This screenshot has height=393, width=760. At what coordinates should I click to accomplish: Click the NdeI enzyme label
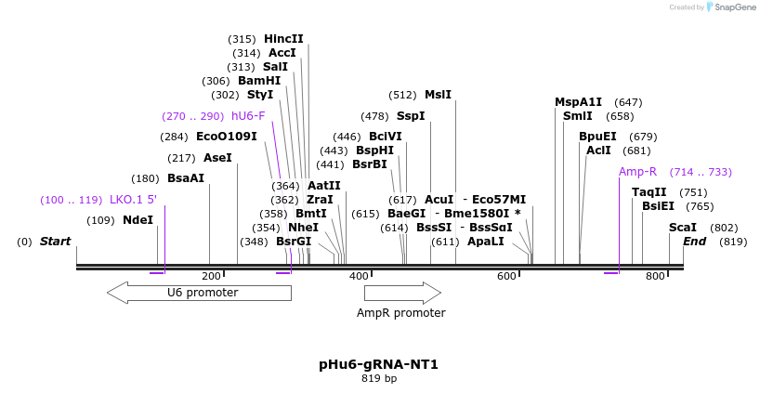[x=138, y=220]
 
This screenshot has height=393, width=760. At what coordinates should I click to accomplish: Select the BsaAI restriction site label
[x=186, y=178]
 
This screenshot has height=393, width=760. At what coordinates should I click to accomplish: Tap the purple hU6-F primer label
[x=248, y=116]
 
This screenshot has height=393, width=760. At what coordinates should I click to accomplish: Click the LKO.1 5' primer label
[x=133, y=200]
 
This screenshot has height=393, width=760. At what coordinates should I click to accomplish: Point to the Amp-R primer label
[x=638, y=172]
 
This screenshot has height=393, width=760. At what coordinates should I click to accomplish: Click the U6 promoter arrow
[x=199, y=293]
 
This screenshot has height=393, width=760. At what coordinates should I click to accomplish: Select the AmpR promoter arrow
[x=401, y=293]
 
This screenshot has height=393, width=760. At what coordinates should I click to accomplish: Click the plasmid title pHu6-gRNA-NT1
[x=378, y=363]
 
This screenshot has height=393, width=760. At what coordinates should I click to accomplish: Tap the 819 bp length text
[x=378, y=378]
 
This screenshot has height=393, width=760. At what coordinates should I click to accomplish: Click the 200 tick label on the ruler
[x=211, y=276]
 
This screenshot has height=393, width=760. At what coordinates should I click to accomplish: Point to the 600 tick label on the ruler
[x=506, y=276]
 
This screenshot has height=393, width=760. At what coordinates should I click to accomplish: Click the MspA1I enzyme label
[x=578, y=102]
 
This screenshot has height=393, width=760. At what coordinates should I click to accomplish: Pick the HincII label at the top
[x=283, y=39]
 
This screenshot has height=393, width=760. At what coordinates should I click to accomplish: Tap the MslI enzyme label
[x=438, y=95]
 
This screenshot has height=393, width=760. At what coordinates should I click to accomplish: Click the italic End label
[x=695, y=242]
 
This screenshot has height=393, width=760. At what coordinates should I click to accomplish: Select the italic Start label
[x=55, y=242]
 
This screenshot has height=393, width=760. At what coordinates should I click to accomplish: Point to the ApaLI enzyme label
[x=485, y=242]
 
